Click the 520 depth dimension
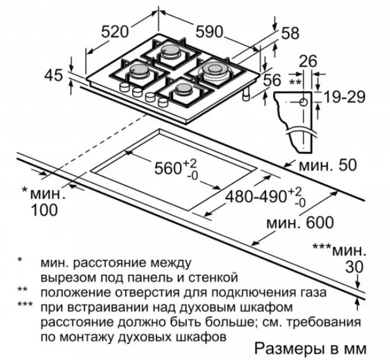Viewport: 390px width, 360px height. click(114, 31)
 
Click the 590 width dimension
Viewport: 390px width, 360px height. click(209, 32)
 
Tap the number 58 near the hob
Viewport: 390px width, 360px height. click(290, 33)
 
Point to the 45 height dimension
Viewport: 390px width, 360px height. click(53, 75)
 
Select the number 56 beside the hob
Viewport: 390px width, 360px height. click(272, 80)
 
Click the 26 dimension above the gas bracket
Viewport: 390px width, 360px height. click(308, 61)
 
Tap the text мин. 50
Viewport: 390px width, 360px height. click(328, 165)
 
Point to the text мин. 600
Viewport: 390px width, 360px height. click(300, 223)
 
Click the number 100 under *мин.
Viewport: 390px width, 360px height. click(44, 210)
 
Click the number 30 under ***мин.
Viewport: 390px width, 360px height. click(354, 267)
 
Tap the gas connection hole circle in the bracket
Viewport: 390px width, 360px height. click(303, 102)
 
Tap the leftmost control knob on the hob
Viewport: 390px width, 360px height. click(124, 87)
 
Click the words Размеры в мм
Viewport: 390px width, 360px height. click(310, 348)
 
